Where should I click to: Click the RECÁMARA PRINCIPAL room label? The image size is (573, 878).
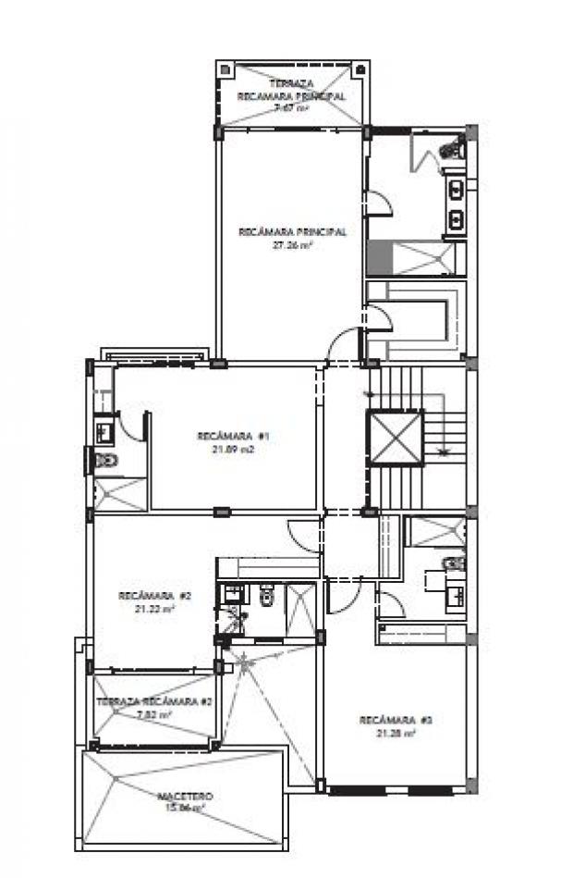click(x=292, y=232)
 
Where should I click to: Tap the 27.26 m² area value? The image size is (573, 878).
click(x=292, y=246)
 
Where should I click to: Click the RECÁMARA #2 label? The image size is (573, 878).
click(x=154, y=596)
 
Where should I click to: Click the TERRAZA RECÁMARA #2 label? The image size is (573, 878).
click(x=155, y=702)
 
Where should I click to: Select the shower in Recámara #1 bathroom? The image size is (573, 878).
click(x=120, y=491)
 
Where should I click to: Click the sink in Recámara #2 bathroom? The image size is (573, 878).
click(x=228, y=594)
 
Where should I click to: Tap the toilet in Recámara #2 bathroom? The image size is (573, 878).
click(x=266, y=597)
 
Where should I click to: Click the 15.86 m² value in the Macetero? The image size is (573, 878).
click(x=185, y=808)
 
